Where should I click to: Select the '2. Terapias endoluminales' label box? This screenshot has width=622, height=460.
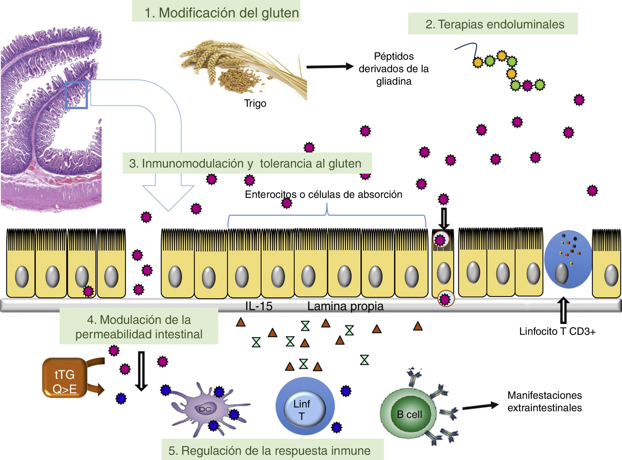click(x=493, y=24)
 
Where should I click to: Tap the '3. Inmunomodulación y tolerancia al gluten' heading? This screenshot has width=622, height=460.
click(x=247, y=163)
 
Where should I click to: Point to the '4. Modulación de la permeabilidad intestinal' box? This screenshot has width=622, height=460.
click(x=139, y=326)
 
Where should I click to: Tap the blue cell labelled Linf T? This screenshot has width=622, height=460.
click(x=305, y=406)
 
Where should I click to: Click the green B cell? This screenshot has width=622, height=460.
click(x=409, y=415)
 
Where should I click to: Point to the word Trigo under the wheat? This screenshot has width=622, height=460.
click(x=255, y=103)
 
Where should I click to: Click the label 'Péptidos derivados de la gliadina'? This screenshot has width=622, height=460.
click(x=394, y=69)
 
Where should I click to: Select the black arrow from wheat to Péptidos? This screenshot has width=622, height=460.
click(x=330, y=66)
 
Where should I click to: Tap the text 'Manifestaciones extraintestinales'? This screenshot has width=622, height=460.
click(x=544, y=402)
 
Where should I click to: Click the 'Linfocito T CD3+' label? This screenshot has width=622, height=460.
click(x=557, y=331)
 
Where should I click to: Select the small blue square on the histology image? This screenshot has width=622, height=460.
click(x=77, y=95)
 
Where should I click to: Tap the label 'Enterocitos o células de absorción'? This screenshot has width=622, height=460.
click(x=323, y=194)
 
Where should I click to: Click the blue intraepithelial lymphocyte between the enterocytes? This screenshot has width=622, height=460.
click(x=568, y=259)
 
